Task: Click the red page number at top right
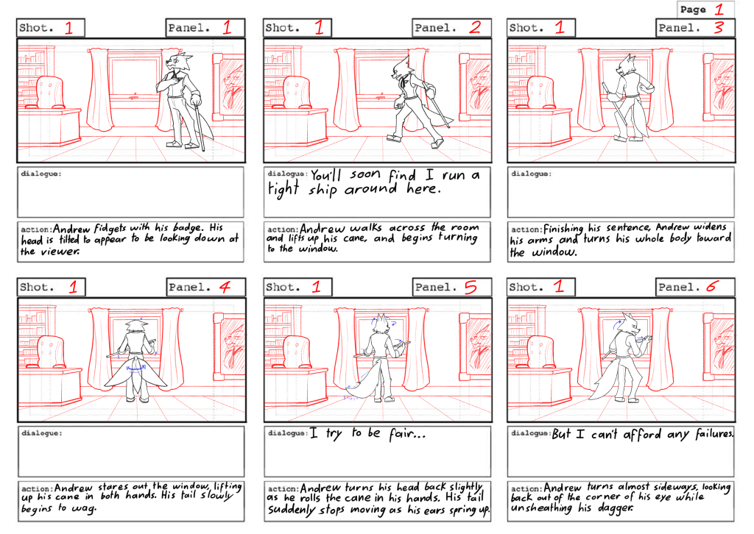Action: (x=719, y=9)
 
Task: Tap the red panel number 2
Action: (x=475, y=27)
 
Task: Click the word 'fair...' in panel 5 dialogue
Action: (x=406, y=434)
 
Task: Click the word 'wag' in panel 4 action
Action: (x=84, y=508)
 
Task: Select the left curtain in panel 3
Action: (x=591, y=90)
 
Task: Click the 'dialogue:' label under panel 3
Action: (x=532, y=174)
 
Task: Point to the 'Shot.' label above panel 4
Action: (x=37, y=287)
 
